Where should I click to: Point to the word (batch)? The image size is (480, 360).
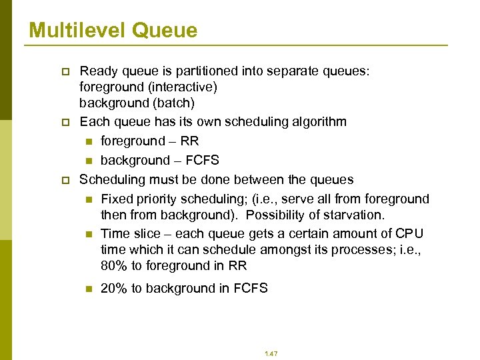(x=171, y=103)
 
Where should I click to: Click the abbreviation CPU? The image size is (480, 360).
(x=409, y=233)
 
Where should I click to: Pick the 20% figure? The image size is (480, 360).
(x=113, y=288)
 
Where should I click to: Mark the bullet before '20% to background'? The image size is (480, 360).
(x=87, y=289)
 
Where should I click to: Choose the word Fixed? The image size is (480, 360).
(x=117, y=199)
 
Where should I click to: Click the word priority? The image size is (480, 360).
(x=158, y=199)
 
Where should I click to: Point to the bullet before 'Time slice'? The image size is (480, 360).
(x=87, y=234)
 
